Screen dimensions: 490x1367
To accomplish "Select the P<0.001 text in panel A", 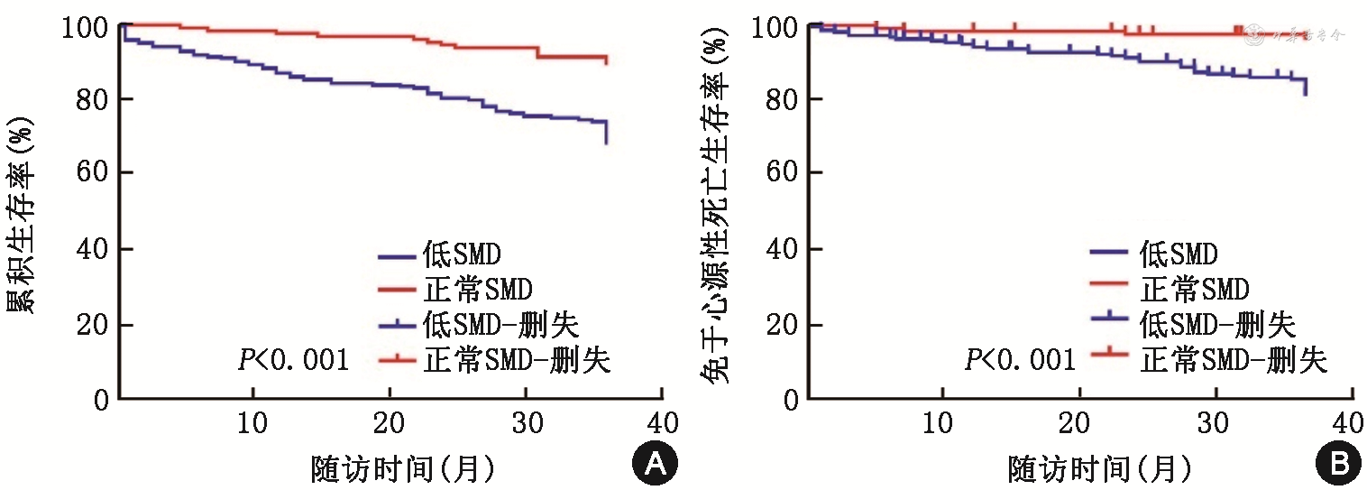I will [x=293, y=361].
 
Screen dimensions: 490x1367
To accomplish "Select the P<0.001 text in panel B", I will [x=1020, y=361].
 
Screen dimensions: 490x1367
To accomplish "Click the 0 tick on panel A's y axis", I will [x=101, y=400].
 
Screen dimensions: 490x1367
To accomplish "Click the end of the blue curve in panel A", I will [x=606, y=142].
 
